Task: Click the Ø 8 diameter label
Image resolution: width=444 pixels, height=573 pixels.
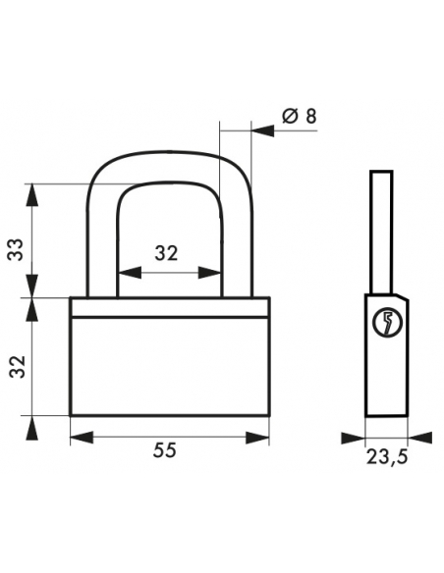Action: click(300, 116)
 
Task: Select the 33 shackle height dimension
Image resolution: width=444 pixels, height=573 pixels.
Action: click(16, 249)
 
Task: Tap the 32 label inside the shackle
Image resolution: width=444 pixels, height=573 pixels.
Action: click(166, 253)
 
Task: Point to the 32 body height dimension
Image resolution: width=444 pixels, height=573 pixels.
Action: click(17, 367)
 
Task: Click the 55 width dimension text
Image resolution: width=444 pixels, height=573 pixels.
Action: click(165, 449)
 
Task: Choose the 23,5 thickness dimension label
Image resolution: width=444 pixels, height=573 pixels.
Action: click(387, 457)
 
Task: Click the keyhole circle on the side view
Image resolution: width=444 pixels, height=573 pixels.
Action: click(387, 323)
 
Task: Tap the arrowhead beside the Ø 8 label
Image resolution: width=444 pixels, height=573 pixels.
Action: click(262, 130)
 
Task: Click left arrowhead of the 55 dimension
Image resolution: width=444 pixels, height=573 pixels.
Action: click(82, 438)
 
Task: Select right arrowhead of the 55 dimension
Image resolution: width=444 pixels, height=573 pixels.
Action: click(257, 438)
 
